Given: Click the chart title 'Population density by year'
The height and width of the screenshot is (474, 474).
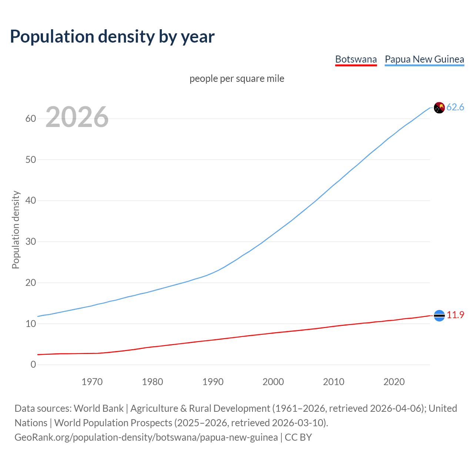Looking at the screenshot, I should click(x=112, y=37).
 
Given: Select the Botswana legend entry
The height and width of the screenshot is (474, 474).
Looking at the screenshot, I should click(x=356, y=59).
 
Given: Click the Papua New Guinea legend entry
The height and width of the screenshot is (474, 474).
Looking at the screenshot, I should click(x=424, y=59).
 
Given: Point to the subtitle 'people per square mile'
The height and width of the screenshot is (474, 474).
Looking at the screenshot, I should click(x=237, y=79).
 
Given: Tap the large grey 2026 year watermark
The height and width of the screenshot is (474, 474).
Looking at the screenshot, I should click(x=77, y=117).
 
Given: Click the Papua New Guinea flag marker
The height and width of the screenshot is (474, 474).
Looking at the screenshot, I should click(x=439, y=108).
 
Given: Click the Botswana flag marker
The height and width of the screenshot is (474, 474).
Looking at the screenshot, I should click(x=439, y=316).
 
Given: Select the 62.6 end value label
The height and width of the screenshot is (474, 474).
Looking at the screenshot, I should click(x=455, y=107).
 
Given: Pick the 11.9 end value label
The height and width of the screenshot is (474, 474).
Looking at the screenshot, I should click(x=455, y=315).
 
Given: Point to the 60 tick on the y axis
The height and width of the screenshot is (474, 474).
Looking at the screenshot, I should click(x=31, y=119).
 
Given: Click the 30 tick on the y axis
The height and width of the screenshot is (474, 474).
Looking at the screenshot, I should click(x=31, y=242).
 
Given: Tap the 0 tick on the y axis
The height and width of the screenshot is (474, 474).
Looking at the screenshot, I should click(x=33, y=365).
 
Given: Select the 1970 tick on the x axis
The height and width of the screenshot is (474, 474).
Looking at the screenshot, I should click(x=92, y=382).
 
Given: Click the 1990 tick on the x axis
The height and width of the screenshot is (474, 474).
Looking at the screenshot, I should click(x=213, y=382).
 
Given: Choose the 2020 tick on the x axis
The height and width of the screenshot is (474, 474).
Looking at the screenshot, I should click(x=394, y=382).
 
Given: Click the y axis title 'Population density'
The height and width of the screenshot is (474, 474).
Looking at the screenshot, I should click(x=16, y=230).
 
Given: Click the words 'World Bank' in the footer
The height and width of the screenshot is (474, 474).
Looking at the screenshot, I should click(x=99, y=408).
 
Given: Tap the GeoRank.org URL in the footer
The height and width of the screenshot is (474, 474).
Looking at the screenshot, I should click(x=146, y=437).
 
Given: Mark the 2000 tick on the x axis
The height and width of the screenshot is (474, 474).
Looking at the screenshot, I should click(x=273, y=382).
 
